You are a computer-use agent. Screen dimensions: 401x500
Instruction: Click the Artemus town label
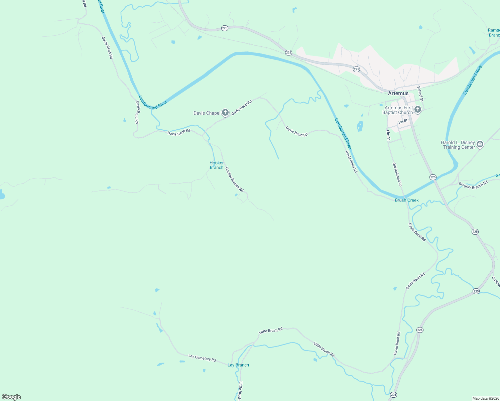pyautogui.click(x=398, y=94)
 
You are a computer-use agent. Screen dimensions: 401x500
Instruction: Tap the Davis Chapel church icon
pyautogui.click(x=226, y=113)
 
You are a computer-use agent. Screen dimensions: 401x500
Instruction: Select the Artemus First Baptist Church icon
pyautogui.click(x=418, y=109)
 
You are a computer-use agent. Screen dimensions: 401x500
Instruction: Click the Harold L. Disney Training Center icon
pyautogui.click(x=480, y=144)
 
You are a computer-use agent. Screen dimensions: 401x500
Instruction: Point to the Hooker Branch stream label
pyautogui.click(x=217, y=165)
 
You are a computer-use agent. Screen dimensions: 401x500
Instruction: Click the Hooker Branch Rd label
pyautogui.click(x=234, y=179)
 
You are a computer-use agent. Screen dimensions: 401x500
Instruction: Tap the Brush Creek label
pyautogui.click(x=407, y=200)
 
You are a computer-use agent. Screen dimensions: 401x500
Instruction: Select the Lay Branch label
pyautogui.click(x=238, y=365)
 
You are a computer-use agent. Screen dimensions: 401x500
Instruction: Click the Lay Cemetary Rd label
pyautogui.click(x=202, y=358)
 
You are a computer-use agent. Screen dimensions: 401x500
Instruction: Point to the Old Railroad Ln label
pyautogui.click(x=397, y=174)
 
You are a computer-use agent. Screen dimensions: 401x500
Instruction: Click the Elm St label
pyautogui.click(x=388, y=135)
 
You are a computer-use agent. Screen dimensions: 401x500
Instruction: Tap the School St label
pyautogui.click(x=420, y=94)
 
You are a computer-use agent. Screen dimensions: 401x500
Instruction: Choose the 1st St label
pyautogui.click(x=403, y=121)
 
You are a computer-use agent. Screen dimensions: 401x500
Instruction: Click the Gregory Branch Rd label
pyautogui.click(x=473, y=185)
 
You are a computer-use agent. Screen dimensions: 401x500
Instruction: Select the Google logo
pyautogui.click(x=11, y=397)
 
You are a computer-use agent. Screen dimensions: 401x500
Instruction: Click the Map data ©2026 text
pyautogui.click(x=486, y=398)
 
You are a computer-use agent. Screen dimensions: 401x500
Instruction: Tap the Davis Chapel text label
pyautogui.click(x=207, y=113)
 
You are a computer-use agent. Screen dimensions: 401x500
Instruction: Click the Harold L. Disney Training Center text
pyautogui.click(x=458, y=145)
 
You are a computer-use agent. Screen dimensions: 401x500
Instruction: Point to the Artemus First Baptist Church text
pyautogui.click(x=398, y=110)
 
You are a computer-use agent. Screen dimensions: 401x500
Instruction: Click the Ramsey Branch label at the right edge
pyautogui.click(x=494, y=33)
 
